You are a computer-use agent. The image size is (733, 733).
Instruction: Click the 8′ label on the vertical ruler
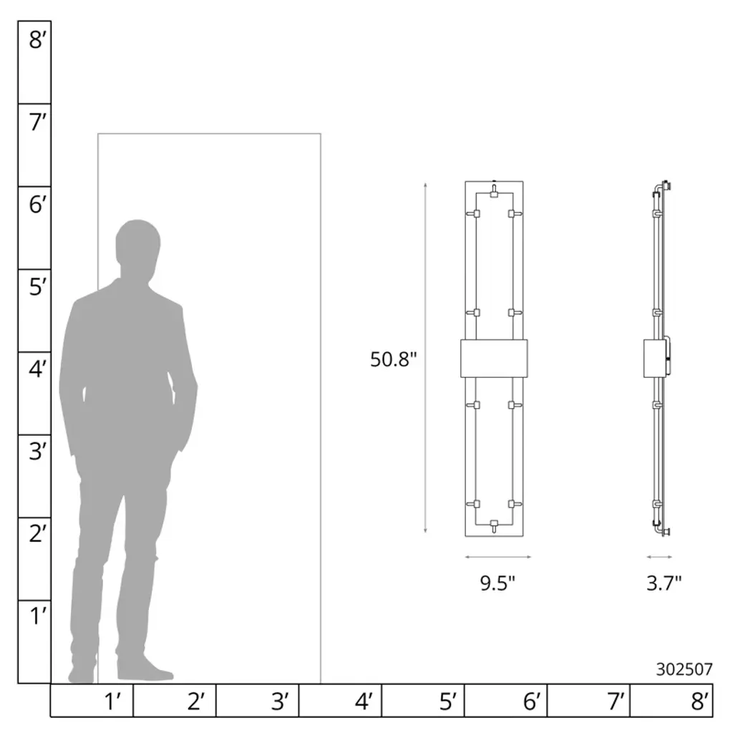click(37, 39)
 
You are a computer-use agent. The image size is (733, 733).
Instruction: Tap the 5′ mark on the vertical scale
click(37, 286)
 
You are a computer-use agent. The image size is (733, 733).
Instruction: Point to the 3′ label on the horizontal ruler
click(280, 702)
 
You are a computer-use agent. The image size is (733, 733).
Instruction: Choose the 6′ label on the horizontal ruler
click(532, 702)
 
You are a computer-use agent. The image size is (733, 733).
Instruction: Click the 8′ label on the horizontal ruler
click(700, 702)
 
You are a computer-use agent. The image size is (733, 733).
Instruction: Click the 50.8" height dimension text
click(393, 359)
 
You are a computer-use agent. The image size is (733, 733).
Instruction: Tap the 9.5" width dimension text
click(497, 583)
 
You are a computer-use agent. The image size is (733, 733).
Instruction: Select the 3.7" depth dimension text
click(664, 583)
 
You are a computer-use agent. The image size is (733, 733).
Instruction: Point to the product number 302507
click(684, 669)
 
